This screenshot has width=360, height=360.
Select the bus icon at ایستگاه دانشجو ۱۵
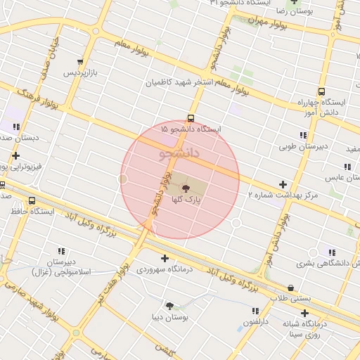[191, 118]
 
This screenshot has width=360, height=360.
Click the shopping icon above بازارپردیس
[82, 62]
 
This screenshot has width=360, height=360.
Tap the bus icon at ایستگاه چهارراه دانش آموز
[321, 91]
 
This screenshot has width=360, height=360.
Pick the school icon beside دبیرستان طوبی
[303, 135]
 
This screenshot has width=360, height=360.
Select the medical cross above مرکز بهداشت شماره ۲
[283, 184]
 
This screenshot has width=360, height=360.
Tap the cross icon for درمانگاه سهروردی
[165, 258]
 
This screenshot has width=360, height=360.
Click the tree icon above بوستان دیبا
[169, 306]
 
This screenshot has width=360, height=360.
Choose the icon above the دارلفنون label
[255, 311]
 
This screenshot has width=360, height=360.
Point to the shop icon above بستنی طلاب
[291, 287]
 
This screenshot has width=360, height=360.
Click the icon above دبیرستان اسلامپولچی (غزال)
[62, 250]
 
